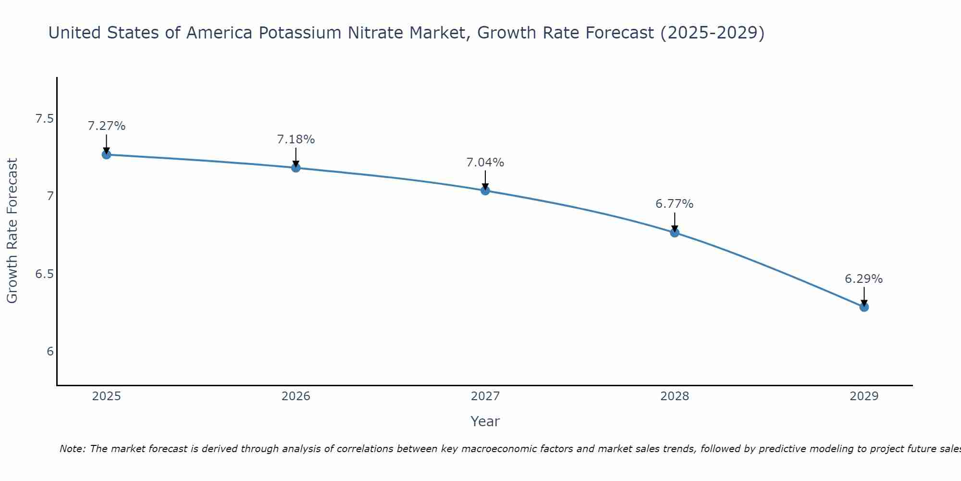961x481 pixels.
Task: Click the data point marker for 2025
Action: coord(106,154)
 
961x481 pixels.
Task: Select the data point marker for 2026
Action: coord(296,167)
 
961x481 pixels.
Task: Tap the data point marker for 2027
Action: coord(485,190)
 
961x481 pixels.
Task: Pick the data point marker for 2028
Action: coord(674,233)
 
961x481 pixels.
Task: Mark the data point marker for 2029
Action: coord(863,307)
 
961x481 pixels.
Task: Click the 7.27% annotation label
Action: coord(106,126)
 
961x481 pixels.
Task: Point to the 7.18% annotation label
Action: coord(296,139)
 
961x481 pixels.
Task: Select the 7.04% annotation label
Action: coord(485,163)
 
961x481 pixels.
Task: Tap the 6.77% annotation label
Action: coord(674,204)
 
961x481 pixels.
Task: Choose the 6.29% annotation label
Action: coord(863,279)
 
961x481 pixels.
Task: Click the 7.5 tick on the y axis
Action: coord(44,118)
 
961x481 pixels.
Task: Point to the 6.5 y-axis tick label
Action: coord(44,274)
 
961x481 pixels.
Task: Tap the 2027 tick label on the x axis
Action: coord(485,396)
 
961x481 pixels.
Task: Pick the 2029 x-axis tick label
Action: coord(863,396)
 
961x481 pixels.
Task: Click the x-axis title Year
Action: coord(485,421)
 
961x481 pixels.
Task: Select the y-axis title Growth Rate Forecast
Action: coord(12,231)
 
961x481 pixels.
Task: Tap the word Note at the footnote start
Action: coord(72,449)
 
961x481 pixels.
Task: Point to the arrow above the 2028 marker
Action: coord(674,222)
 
